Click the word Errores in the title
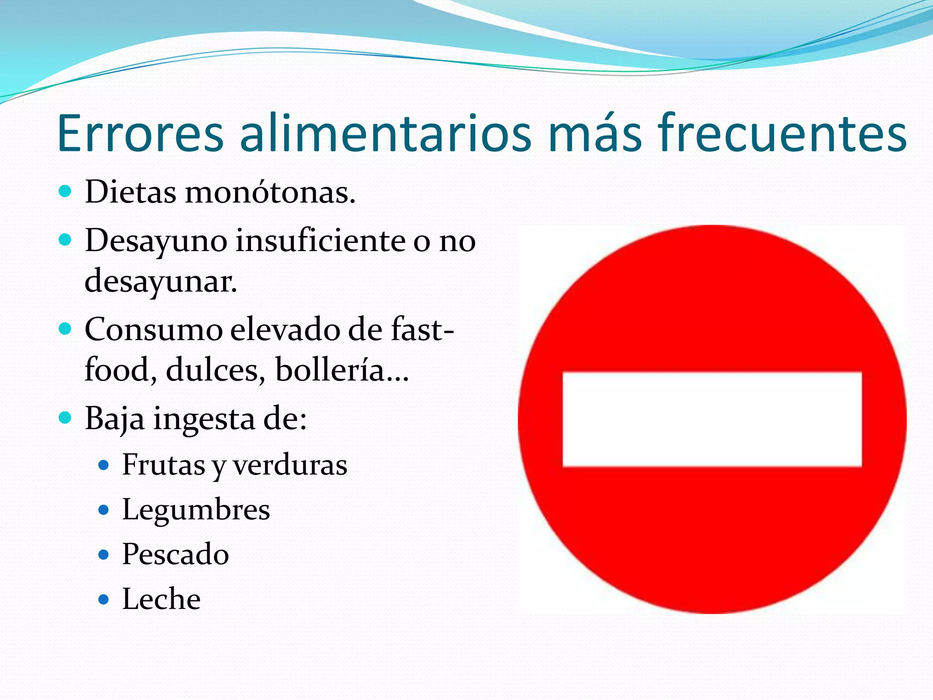pyautogui.click(x=141, y=134)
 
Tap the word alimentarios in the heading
pyautogui.click(x=385, y=134)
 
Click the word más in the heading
pyautogui.click(x=595, y=134)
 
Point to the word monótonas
pyautogui.click(x=270, y=192)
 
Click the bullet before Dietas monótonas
pyautogui.click(x=66, y=191)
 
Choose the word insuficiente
pyautogui.click(x=320, y=240)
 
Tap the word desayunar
pyautogui.click(x=161, y=281)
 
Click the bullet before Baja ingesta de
pyautogui.click(x=66, y=417)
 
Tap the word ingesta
pyautogui.click(x=204, y=419)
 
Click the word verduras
pyautogui.click(x=290, y=465)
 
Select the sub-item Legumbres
pyautogui.click(x=196, y=510)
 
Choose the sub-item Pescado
pyautogui.click(x=175, y=554)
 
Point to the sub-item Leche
pyautogui.click(x=161, y=598)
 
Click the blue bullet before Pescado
pyautogui.click(x=104, y=554)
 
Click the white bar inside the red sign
pyautogui.click(x=712, y=419)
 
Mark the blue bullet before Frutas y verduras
pyautogui.click(x=104, y=465)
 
